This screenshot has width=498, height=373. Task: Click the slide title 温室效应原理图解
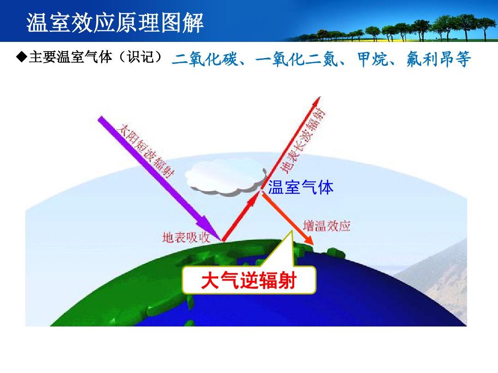(x=115, y=23)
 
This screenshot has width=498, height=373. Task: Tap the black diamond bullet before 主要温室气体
(x=22, y=57)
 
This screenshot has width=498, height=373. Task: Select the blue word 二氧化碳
(x=205, y=59)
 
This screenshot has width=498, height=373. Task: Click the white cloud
(x=225, y=178)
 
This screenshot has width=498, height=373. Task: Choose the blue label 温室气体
(x=301, y=187)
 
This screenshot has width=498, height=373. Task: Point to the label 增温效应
(x=326, y=226)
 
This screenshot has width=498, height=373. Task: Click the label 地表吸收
(x=186, y=237)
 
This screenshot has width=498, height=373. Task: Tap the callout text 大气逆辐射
(x=249, y=280)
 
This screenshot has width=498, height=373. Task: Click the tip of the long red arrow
(x=320, y=97)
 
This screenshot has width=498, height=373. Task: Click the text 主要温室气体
(x=71, y=57)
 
